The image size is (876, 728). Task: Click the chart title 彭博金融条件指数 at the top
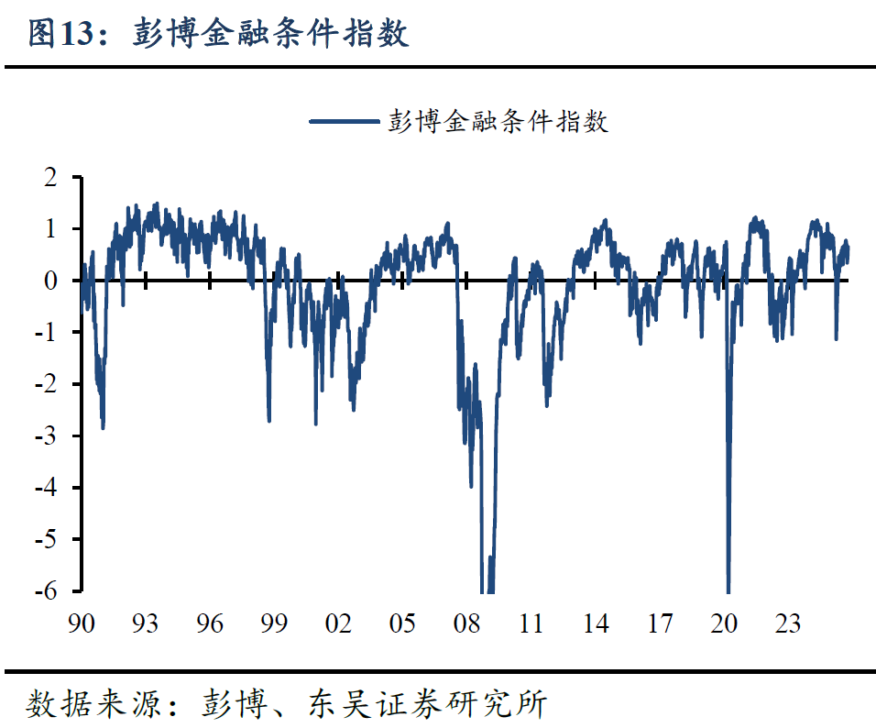point(270,34)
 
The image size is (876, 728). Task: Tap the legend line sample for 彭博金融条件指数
point(345,121)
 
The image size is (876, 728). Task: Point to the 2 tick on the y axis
point(51,177)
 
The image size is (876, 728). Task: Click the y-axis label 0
point(51,281)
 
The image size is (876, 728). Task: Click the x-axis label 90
point(81,624)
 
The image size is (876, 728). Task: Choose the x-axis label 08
point(467,624)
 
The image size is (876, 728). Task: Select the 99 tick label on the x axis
point(274,624)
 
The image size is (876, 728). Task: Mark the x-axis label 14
point(596,624)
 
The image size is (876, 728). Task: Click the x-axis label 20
point(725,624)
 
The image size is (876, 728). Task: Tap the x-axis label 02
point(338,624)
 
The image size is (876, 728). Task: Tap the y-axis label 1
point(51,229)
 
